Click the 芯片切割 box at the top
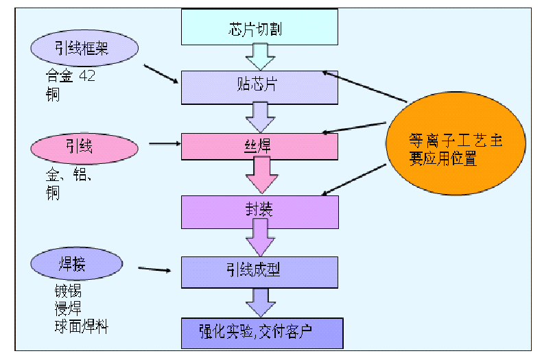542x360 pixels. [x=259, y=28]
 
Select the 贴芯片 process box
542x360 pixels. [x=259, y=87]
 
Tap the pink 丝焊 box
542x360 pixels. [x=259, y=146]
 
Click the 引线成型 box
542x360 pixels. [x=259, y=272]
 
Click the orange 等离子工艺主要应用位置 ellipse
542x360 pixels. [x=455, y=150]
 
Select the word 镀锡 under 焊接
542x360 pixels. [x=68, y=291]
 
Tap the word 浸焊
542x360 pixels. [x=68, y=308]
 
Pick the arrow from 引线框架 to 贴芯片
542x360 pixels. [x=161, y=74]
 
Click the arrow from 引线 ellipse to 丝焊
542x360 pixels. [x=164, y=144]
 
